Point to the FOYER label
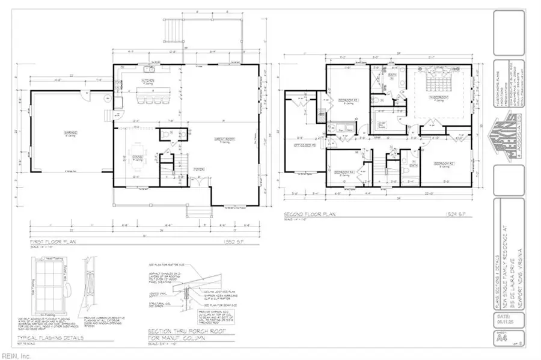[x=200, y=169]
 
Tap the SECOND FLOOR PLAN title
[x=312, y=213]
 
